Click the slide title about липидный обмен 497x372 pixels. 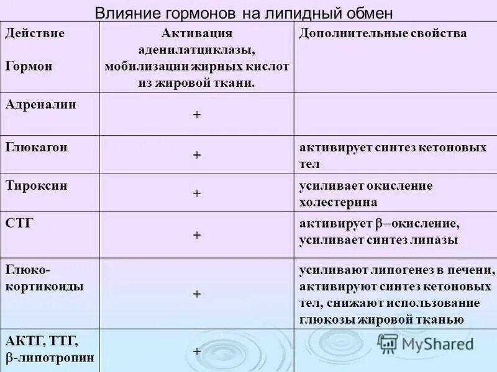click(244, 14)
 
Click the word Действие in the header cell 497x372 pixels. click(35, 33)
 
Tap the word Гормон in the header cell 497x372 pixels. click(29, 66)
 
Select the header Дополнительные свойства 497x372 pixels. click(383, 33)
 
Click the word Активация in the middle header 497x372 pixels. click(197, 33)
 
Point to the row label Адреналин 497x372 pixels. click(41, 104)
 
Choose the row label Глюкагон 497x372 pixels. click(37, 147)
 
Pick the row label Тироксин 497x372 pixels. click(37, 185)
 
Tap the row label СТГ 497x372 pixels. click(19, 223)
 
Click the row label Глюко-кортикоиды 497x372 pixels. click(45, 279)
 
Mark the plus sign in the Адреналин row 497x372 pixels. click(197, 116)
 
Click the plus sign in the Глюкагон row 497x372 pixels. click(197, 155)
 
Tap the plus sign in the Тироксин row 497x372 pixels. click(197, 193)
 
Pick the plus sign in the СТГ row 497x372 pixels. click(197, 235)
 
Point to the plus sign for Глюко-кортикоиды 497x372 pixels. click(197, 294)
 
